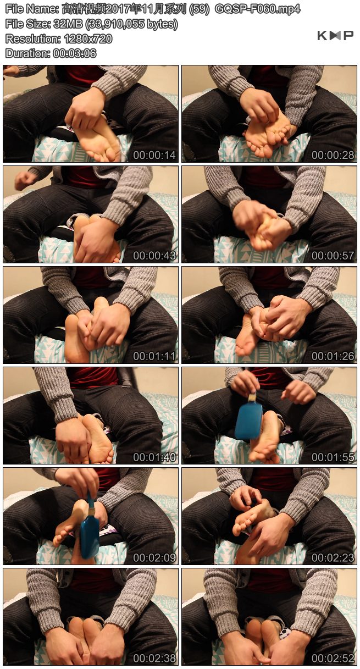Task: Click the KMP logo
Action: (335, 36)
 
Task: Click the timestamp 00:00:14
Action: (154, 155)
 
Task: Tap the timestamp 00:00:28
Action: (333, 155)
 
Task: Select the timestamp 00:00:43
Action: (154, 256)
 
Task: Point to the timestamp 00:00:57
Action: (333, 256)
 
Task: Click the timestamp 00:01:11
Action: (154, 356)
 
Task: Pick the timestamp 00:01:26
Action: (333, 356)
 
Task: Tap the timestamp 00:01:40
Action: (154, 457)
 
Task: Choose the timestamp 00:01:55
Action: (333, 457)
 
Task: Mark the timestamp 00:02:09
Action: (154, 557)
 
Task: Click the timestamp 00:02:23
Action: (333, 557)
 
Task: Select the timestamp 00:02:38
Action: (154, 658)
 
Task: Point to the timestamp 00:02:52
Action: (333, 658)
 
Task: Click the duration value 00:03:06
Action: (75, 53)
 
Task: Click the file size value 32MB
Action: (68, 24)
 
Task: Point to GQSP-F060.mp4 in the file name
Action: (257, 9)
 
